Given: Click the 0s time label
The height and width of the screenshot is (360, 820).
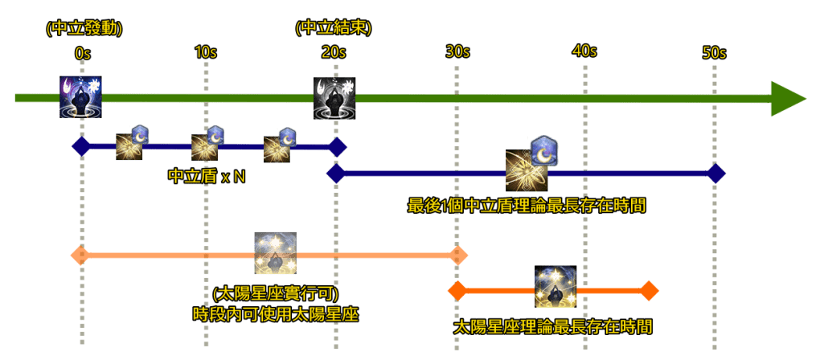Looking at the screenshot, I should [x=82, y=53].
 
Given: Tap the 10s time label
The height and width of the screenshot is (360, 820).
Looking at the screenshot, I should [x=206, y=53].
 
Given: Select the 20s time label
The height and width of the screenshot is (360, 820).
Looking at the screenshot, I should [x=333, y=53].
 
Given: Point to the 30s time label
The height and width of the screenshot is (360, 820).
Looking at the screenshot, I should [x=457, y=51].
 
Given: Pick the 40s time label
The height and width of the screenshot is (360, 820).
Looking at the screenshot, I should [x=584, y=51].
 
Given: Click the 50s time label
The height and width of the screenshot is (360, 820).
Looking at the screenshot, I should [x=714, y=53].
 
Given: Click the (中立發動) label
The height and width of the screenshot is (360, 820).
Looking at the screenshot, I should [x=84, y=28].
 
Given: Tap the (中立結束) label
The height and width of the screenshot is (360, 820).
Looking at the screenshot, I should [x=333, y=28].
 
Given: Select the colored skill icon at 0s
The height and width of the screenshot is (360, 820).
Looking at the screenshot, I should [x=80, y=97].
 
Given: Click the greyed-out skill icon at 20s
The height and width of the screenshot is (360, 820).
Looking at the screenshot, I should [x=334, y=98].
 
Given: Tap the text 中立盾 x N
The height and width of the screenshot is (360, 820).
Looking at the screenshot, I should [x=207, y=176].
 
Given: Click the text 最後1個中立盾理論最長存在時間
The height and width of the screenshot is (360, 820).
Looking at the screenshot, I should [x=527, y=206].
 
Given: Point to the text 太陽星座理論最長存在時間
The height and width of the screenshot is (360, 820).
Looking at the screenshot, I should [x=552, y=327].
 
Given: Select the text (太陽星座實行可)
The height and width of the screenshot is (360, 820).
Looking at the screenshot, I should [x=276, y=293].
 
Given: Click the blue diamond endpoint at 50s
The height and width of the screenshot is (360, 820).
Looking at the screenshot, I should [x=715, y=173].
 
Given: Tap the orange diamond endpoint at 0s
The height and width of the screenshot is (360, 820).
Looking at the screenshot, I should [x=80, y=256].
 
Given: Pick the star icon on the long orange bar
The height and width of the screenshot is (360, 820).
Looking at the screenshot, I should [x=275, y=253].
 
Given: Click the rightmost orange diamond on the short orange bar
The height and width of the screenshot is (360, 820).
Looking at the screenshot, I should [x=649, y=290].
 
